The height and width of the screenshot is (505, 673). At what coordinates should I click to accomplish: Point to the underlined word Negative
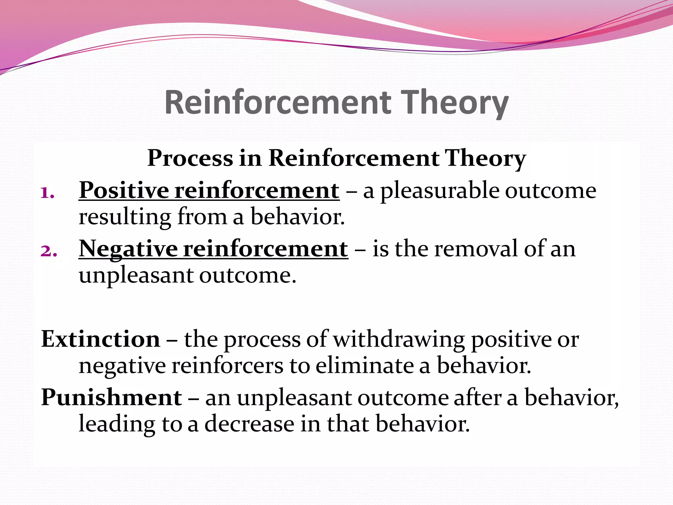pyautogui.click(x=128, y=249)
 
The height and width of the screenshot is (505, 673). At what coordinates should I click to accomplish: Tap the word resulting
pyautogui.click(x=125, y=217)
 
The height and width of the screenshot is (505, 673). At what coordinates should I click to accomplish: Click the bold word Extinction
pyautogui.click(x=101, y=339)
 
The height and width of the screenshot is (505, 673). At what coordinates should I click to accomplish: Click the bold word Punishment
pyautogui.click(x=111, y=397)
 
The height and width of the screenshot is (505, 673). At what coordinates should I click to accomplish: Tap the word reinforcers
pyautogui.click(x=227, y=366)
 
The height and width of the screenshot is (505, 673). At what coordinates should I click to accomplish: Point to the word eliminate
pyautogui.click(x=364, y=366)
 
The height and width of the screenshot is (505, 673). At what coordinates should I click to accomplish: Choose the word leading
pyautogui.click(x=117, y=424)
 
